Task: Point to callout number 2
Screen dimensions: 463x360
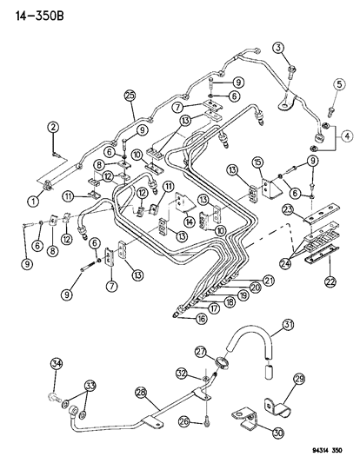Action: point(52,128)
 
